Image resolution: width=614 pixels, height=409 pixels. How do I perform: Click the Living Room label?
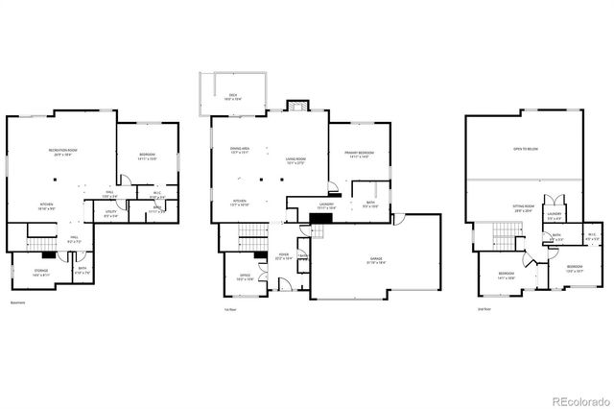click(x=295, y=161)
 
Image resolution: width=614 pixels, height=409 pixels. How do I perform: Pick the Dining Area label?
click(x=240, y=151)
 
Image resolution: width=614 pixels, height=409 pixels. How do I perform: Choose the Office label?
click(x=243, y=278)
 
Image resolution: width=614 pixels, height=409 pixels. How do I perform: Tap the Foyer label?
click(x=283, y=256)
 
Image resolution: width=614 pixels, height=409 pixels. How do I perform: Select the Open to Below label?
click(x=525, y=150)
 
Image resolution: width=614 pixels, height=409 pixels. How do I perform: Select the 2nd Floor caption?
click(x=484, y=309)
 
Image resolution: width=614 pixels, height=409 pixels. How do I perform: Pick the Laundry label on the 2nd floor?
click(x=554, y=215)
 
